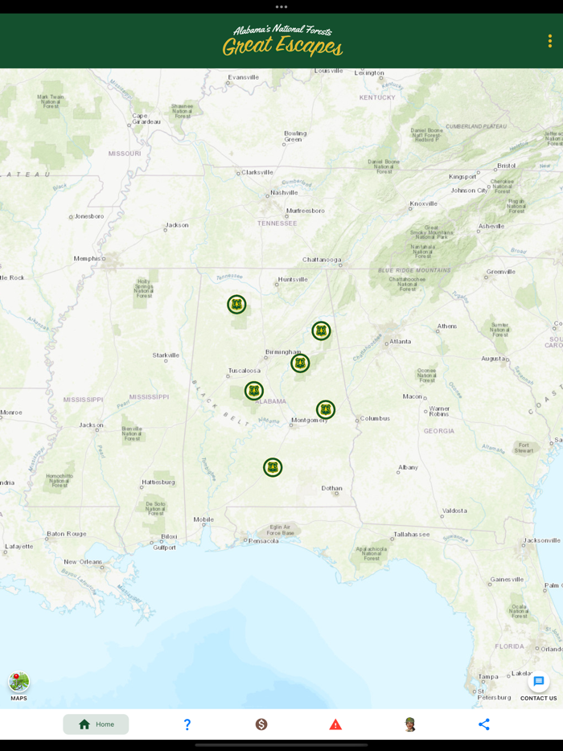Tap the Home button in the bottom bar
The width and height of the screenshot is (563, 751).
96,724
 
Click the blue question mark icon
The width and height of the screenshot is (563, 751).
187,724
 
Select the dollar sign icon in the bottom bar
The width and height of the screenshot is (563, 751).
261,724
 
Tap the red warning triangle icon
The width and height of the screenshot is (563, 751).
335,724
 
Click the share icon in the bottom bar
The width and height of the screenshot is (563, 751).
483,724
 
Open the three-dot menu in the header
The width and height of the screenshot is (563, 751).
549,41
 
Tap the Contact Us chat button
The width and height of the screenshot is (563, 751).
538,683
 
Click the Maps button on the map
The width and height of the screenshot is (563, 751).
18,683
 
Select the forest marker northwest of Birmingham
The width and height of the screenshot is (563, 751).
236,305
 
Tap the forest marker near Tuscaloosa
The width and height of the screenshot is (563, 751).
254,391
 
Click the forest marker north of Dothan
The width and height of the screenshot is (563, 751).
273,467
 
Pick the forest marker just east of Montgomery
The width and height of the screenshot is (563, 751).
326,410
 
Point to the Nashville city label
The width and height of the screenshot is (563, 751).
284,193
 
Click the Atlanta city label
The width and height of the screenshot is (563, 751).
400,342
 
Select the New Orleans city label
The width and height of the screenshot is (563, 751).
83,562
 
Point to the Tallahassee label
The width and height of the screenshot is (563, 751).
411,534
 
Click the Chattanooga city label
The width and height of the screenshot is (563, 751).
322,260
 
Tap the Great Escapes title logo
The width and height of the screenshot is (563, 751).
282,41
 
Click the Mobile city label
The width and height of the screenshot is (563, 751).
203,519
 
